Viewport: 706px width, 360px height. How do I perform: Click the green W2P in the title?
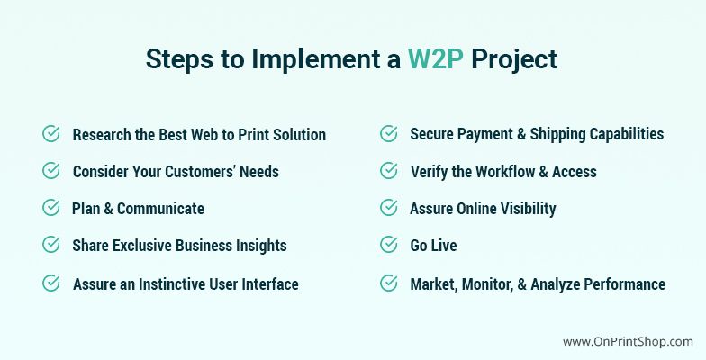point(436,59)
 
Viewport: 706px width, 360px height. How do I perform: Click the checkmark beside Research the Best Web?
point(50,134)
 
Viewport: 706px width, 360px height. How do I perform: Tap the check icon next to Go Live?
point(389,245)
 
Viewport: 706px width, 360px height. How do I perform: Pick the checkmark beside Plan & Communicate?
point(50,208)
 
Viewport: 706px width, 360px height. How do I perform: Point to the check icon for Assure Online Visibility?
point(389,208)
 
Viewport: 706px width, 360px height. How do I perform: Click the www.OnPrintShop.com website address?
point(628,342)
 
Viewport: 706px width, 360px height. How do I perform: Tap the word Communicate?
point(160,209)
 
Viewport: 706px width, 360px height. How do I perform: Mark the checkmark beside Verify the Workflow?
point(389,171)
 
